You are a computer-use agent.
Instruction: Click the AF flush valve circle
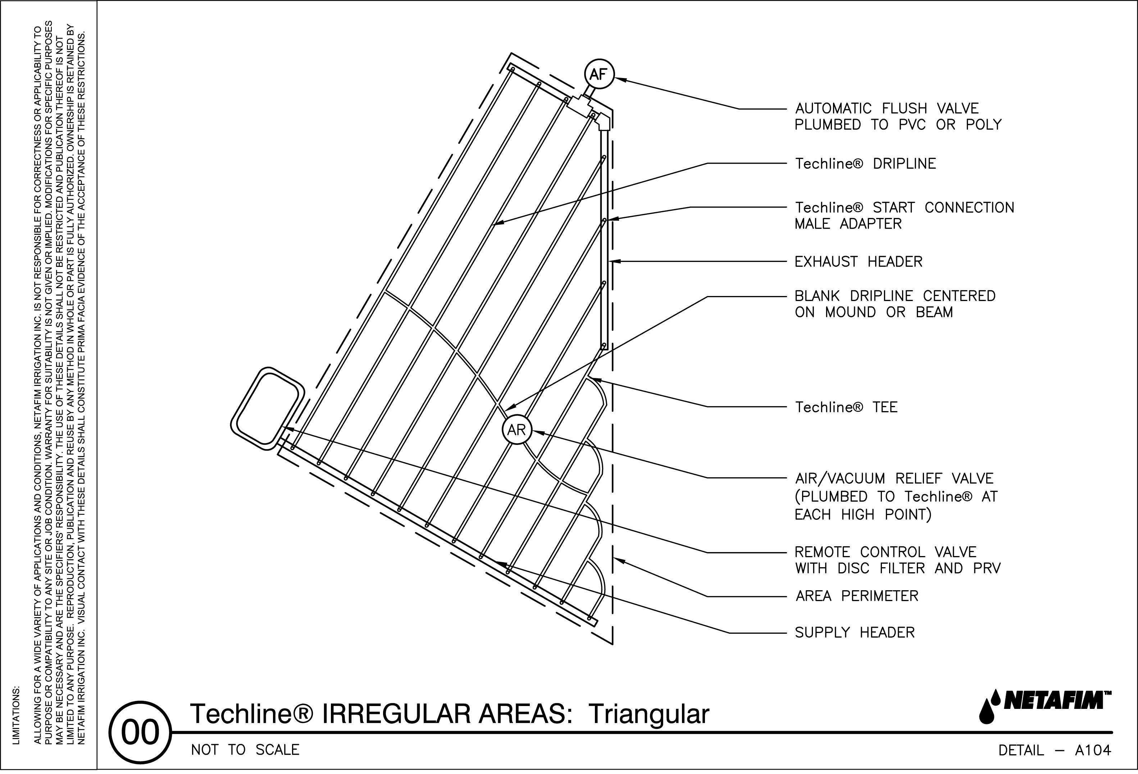(599, 75)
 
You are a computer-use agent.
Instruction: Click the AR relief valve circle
(516, 430)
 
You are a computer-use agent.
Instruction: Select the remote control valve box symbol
(267, 408)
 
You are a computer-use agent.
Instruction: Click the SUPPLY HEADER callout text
(855, 633)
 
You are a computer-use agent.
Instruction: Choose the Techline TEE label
(846, 407)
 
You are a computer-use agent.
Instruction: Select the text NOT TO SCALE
(245, 750)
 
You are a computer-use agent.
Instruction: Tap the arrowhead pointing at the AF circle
(618, 79)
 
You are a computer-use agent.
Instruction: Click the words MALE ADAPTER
(848, 224)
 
